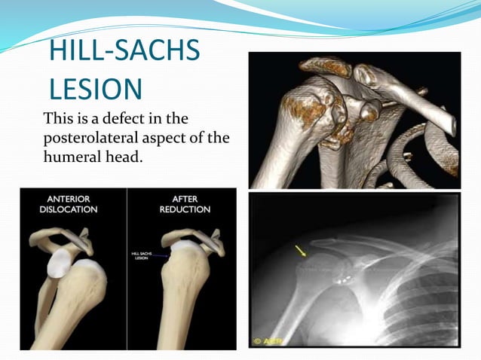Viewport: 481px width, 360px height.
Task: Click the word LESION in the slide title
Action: pos(95,88)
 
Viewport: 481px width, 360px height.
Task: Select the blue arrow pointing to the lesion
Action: pos(165,257)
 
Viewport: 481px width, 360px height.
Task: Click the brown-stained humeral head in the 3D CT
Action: pos(305,113)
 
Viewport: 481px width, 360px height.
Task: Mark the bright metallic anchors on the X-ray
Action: pos(342,278)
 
